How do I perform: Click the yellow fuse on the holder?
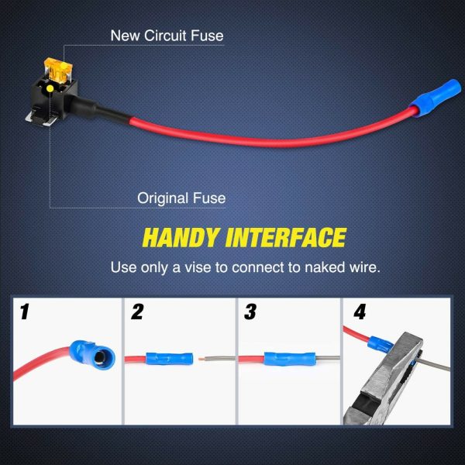pyautogui.click(x=59, y=71)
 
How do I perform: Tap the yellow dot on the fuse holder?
pyautogui.click(x=50, y=88)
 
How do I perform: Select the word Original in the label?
pyautogui.click(x=163, y=198)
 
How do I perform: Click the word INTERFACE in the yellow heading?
pyautogui.click(x=286, y=238)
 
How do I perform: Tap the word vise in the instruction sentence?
pyautogui.click(x=198, y=267)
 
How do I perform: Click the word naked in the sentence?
pyautogui.click(x=325, y=267)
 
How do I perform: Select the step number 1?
pyautogui.click(x=24, y=312)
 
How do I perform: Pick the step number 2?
pyautogui.click(x=137, y=312)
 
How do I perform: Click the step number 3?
pyautogui.click(x=250, y=312)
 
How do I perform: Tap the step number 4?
pyautogui.click(x=360, y=312)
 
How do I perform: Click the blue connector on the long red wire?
pyautogui.click(x=436, y=98)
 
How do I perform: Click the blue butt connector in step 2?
pyautogui.click(x=169, y=359)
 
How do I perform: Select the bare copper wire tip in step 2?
pyautogui.click(x=201, y=359)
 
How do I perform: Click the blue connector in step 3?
pyautogui.click(x=289, y=359)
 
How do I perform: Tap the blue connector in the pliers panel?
pyautogui.click(x=381, y=344)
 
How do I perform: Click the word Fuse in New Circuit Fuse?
pyautogui.click(x=207, y=36)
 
